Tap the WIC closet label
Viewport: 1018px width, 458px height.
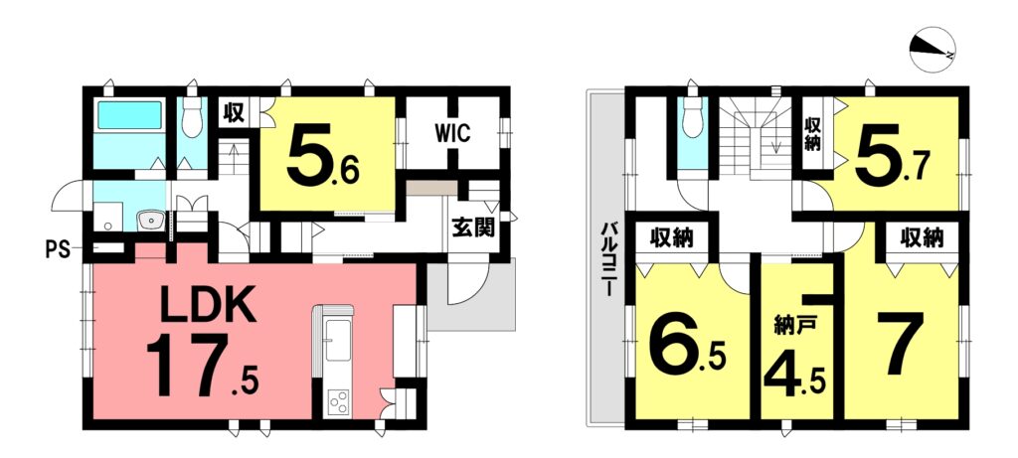(452, 136)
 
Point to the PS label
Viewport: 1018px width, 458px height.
(58, 249)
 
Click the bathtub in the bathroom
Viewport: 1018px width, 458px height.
(129, 114)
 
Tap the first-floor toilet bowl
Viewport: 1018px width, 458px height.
(192, 119)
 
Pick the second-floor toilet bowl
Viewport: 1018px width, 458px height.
(693, 119)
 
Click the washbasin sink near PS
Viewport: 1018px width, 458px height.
(151, 221)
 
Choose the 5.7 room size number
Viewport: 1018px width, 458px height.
(893, 156)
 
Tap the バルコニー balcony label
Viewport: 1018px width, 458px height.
(609, 259)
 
